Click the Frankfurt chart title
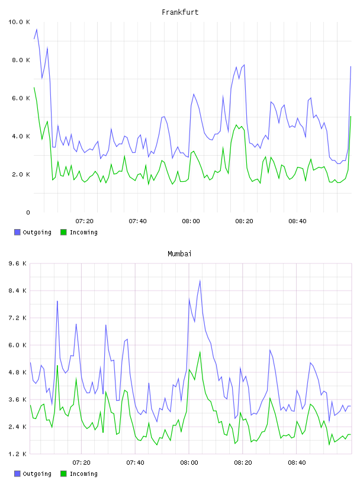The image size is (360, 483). [x=180, y=12]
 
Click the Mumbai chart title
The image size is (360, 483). [x=179, y=254]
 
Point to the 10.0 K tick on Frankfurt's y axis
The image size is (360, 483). [x=19, y=22]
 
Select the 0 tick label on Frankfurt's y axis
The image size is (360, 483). [x=28, y=212]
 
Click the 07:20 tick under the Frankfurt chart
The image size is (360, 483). [x=84, y=221]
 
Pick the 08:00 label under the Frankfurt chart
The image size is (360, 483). [x=191, y=221]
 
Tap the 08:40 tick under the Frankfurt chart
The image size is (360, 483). [x=297, y=221]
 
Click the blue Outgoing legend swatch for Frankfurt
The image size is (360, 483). [x=17, y=232]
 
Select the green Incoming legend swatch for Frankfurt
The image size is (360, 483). [x=63, y=232]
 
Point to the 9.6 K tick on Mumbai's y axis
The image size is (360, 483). [x=18, y=263]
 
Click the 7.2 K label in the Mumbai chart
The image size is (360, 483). [x=18, y=318]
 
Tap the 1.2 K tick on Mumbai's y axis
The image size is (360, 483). [x=18, y=454]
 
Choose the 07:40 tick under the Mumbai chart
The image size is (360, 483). [x=135, y=463]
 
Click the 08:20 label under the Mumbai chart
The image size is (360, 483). [x=243, y=463]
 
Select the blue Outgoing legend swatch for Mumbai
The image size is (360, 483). [x=17, y=474]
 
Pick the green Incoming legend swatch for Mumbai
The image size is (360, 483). [x=63, y=474]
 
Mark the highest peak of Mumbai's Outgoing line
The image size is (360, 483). [x=200, y=281]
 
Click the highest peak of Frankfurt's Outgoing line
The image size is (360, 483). [x=37, y=29]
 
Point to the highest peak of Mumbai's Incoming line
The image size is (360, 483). [x=200, y=352]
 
